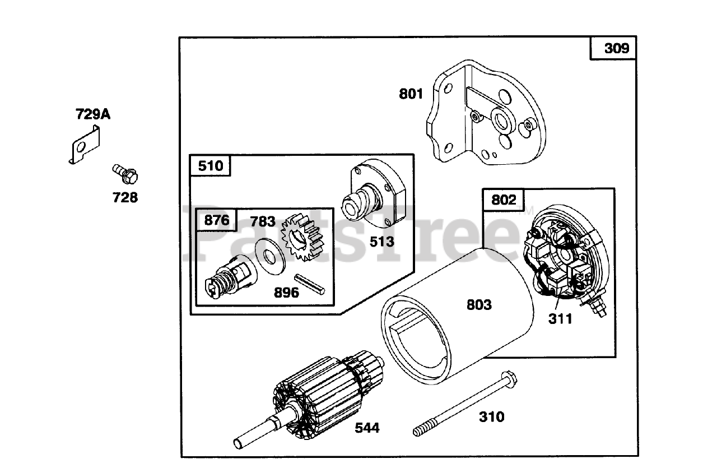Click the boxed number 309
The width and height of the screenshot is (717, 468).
point(616,48)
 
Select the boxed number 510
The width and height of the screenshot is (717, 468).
point(210,166)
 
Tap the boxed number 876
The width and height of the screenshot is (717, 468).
point(216,220)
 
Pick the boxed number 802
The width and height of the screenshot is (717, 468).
point(504,200)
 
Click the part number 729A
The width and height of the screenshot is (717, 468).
point(93,115)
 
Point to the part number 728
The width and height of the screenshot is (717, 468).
point(124,197)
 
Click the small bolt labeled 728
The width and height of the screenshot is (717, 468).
point(126,174)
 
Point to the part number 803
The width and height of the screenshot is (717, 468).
point(479,305)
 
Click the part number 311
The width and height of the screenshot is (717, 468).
point(560,319)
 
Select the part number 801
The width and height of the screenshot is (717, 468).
point(411,94)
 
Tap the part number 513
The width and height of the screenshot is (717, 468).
point(381,242)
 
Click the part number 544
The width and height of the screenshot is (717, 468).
point(367,428)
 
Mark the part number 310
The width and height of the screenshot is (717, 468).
point(491,417)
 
